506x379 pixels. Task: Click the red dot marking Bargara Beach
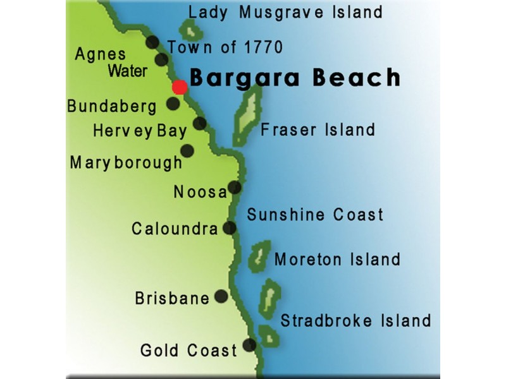180,87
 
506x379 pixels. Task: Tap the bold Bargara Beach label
295,78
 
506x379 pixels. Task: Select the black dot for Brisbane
221,296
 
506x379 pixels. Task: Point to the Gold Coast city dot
249,345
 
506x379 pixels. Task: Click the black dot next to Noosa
235,187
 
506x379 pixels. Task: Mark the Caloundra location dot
230,227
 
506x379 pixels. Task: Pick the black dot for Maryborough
187,150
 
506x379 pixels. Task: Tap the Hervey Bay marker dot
200,123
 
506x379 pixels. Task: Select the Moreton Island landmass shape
259,256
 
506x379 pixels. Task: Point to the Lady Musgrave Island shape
189,29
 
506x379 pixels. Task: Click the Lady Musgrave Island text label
285,11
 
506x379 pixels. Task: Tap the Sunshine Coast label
315,214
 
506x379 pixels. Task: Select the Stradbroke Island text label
355,320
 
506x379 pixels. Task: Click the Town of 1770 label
225,47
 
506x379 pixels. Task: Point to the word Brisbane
172,298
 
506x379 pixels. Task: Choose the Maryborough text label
126,162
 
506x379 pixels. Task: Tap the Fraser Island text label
318,130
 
